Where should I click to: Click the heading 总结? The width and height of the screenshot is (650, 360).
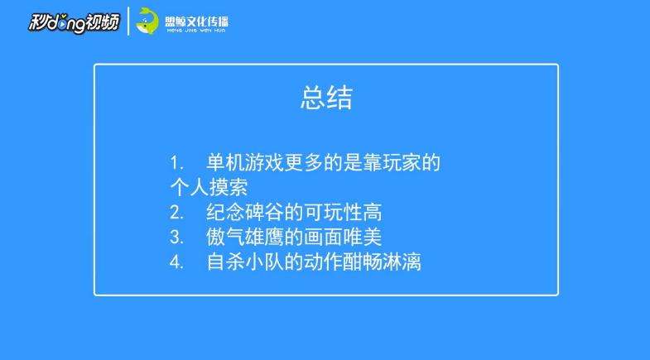point(325,98)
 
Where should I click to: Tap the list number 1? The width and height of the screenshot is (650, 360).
point(176,161)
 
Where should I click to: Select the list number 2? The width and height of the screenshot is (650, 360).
point(176,212)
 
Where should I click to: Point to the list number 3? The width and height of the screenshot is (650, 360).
point(176,237)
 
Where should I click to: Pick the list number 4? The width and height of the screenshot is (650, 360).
point(176,262)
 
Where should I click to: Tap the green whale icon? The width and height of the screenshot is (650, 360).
point(147,20)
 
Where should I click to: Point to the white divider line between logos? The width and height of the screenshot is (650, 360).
point(128,21)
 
